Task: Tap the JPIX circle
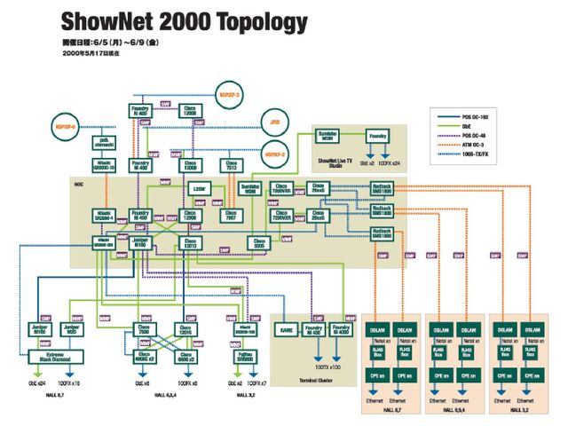coord(275,122)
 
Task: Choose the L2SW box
coord(200,189)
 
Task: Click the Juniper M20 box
coord(72,330)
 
